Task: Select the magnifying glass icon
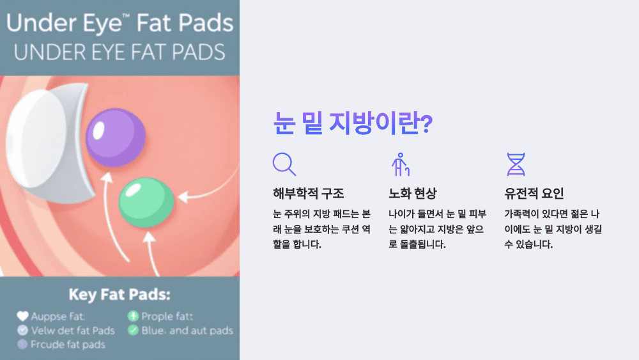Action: click(284, 164)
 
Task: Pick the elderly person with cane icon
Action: click(400, 164)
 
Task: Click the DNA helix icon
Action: click(515, 164)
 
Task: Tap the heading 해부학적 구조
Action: click(308, 193)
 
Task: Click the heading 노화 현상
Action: click(412, 193)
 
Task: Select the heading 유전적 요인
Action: click(534, 193)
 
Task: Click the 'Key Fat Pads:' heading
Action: click(119, 295)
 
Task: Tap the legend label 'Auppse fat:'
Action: click(58, 317)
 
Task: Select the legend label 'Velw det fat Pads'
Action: click(73, 331)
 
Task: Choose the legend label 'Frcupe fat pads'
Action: click(68, 345)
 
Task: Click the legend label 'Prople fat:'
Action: click(167, 317)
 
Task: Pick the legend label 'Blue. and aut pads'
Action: click(187, 331)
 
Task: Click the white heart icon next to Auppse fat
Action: click(22, 317)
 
